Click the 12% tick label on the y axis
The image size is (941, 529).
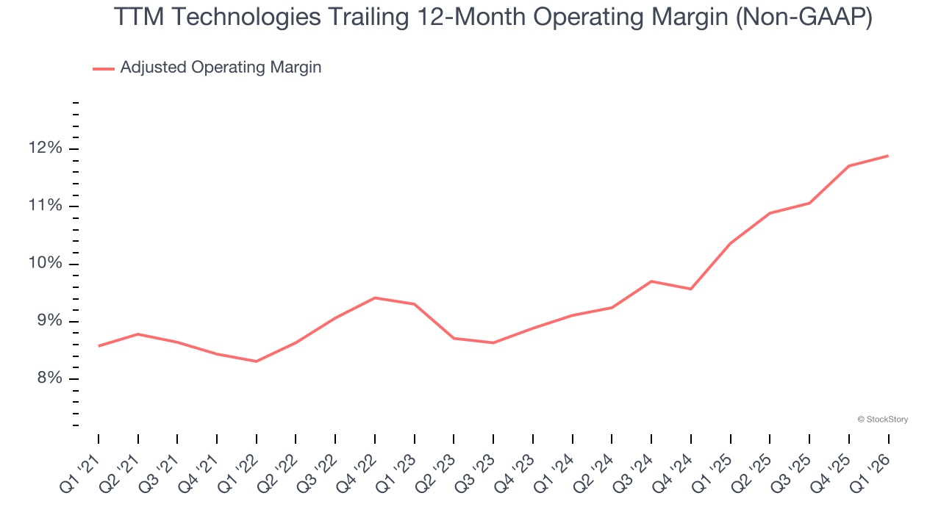[46, 148]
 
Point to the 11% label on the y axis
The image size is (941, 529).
[46, 206]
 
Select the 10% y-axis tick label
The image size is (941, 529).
[46, 264]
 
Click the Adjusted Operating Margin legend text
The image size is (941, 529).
[221, 68]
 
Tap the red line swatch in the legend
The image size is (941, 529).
[103, 68]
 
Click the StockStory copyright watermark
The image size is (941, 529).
[882, 420]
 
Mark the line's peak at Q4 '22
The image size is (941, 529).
[375, 298]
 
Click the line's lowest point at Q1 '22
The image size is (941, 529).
[257, 361]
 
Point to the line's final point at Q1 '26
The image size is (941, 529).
[888, 156]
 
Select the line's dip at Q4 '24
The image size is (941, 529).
[691, 289]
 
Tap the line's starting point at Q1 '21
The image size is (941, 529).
[99, 346]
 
